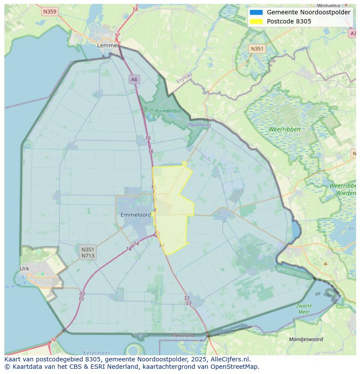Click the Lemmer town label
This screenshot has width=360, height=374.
coord(108,45)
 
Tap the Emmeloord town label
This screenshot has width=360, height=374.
coord(136,215)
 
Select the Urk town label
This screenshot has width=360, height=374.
coord(24,268)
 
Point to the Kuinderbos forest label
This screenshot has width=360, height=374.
coord(168,111)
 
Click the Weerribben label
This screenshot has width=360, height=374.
coord(284,129)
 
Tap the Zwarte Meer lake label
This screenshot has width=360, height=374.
coord(304,309)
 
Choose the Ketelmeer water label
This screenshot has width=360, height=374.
coord(96,353)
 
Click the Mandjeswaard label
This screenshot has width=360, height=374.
coord(306,339)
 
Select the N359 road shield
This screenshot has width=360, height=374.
coord(50,12)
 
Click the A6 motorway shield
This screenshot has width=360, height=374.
coord(134,79)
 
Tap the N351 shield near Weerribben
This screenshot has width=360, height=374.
coord(257,49)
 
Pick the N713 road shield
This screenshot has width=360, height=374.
coord(88,255)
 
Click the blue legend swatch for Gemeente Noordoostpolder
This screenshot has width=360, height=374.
coord(257,12)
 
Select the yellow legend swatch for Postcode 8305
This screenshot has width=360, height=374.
coord(257,21)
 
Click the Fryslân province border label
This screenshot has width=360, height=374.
coord(184,78)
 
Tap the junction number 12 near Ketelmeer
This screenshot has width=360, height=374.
coord(53,340)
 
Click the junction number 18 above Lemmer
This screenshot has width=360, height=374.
coord(135,9)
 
